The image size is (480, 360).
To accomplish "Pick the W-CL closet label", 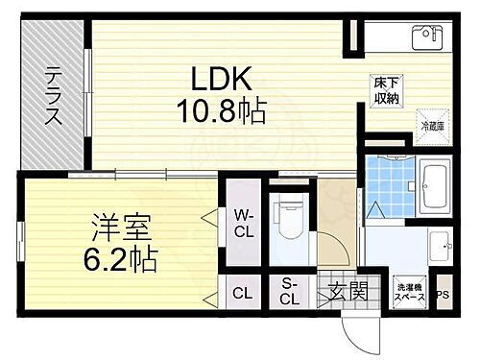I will point(243,223).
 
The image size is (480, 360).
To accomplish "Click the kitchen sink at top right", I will point(425,37).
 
